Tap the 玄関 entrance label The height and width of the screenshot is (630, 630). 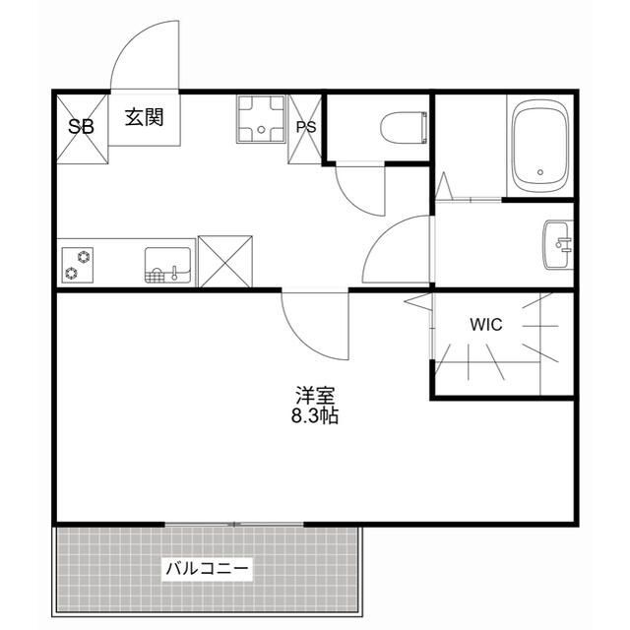[x=144, y=117]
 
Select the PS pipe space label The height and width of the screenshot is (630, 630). [x=306, y=127]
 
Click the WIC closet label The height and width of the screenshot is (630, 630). [x=485, y=325]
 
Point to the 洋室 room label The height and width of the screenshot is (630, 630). [x=315, y=396]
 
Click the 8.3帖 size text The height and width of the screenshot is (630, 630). [x=315, y=416]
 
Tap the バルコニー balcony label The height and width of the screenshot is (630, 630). [x=208, y=568]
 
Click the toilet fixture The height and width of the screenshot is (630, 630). [x=403, y=127]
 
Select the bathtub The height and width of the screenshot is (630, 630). [x=540, y=148]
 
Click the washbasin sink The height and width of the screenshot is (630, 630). [x=557, y=244]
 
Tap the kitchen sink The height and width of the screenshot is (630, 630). [x=167, y=265]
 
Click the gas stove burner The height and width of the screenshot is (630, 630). [x=78, y=265]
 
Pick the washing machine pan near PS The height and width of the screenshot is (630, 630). [x=260, y=119]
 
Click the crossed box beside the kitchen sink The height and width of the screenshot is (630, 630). [x=225, y=261]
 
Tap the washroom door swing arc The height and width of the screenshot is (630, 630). [x=399, y=251]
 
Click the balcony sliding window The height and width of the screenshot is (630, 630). [x=235, y=524]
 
